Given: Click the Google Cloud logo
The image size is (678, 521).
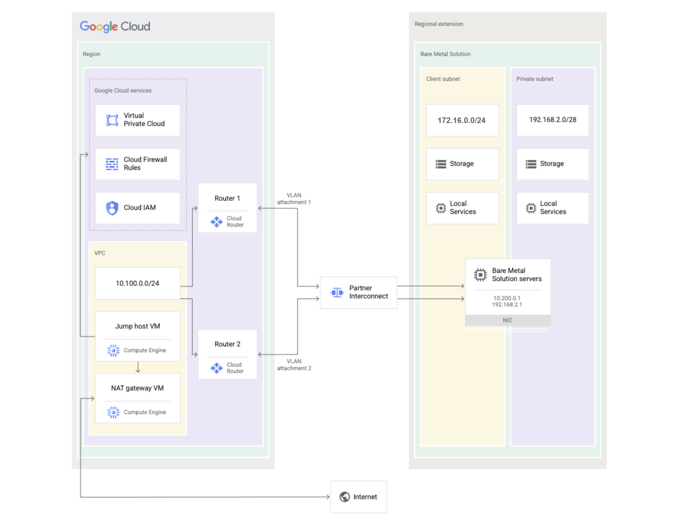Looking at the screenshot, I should [115, 26].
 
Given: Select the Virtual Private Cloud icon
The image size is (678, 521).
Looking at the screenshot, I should [112, 120].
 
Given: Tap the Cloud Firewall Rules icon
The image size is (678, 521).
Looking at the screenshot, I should [112, 164].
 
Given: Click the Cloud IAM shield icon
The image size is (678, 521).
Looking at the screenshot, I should [112, 208].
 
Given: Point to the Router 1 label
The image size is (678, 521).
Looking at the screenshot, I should [227, 198].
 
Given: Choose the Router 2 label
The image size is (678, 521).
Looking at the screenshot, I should [227, 344].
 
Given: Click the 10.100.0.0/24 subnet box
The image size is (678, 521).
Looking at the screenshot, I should [137, 283].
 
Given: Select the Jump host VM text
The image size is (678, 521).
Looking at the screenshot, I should [137, 326].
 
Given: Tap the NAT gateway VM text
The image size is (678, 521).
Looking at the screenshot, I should [137, 388].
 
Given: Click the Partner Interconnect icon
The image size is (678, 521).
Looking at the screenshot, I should [337, 292].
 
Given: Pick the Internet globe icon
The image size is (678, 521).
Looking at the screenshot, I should [345, 497].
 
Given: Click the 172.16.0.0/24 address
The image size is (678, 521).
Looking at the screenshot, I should [461, 120].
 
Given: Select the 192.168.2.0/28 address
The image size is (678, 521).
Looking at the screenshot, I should [553, 120].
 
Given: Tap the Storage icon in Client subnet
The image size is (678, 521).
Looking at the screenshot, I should [440, 164].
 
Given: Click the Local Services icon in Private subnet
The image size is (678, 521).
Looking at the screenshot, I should [531, 208].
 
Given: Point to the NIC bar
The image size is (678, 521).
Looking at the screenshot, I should [507, 320].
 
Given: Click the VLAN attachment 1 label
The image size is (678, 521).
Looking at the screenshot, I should [294, 198].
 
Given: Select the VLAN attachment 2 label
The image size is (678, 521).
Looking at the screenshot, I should [294, 365].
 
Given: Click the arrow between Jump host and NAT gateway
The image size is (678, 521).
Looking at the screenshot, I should [138, 367].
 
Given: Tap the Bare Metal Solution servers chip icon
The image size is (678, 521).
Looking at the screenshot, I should [480, 274].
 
